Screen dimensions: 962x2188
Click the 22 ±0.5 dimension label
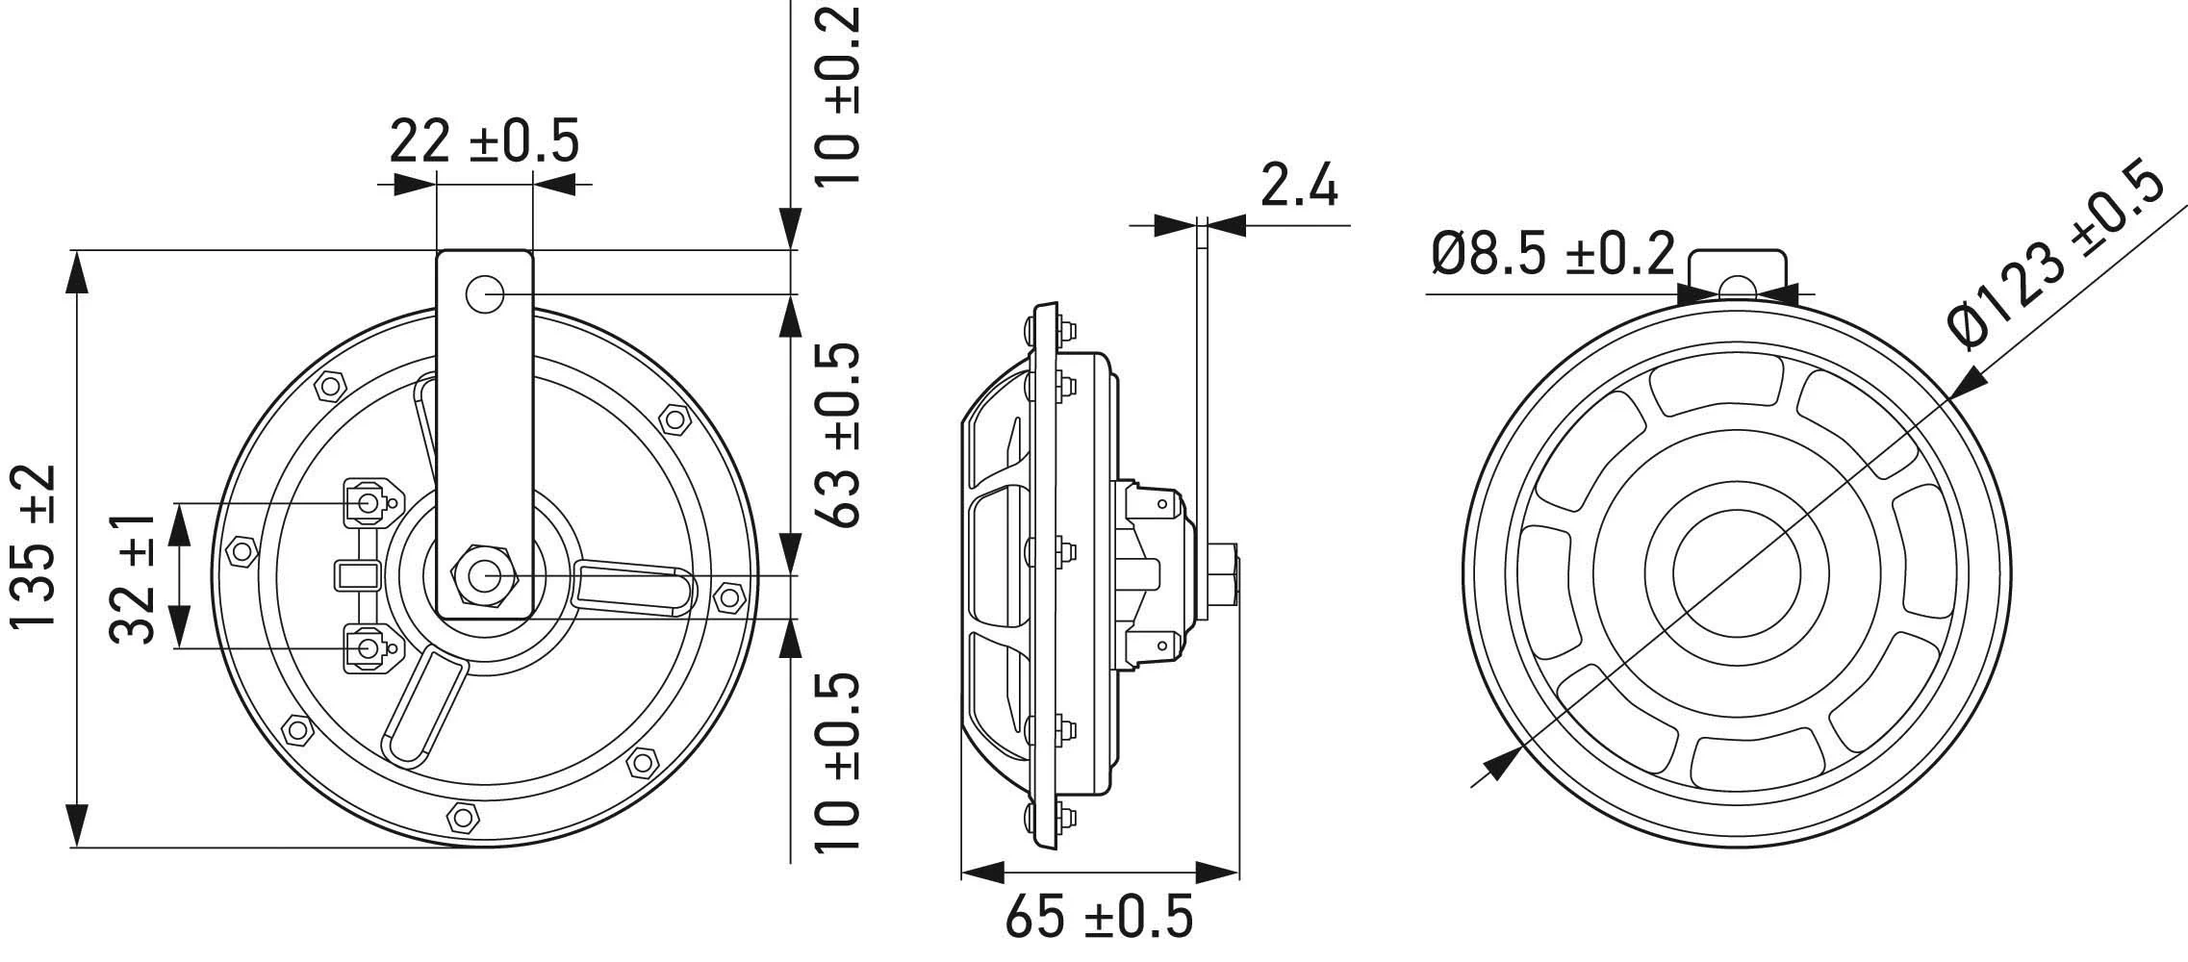484,141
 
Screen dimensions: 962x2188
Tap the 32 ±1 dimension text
133,577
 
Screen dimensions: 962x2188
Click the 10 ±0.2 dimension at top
835,96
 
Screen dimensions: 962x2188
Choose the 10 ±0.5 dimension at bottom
835,763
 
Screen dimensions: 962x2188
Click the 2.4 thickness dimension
1298,185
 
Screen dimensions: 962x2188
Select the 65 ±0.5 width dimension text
1099,917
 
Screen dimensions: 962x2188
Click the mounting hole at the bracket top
485,293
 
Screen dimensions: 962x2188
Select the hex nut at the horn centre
484,575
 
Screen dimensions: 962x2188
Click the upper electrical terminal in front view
368,501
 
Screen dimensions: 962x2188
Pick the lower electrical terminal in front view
368,647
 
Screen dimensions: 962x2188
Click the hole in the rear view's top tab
1736,286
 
